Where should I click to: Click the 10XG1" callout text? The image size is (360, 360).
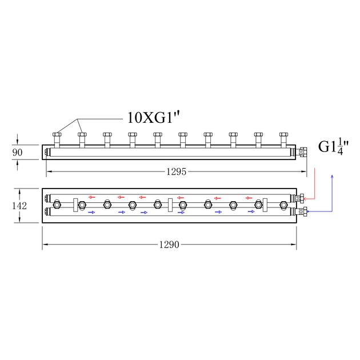point(153,118)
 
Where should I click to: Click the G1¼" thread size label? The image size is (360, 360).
point(333,147)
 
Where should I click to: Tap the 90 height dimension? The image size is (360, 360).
point(18,153)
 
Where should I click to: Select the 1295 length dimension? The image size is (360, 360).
point(177,171)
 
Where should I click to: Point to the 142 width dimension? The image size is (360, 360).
point(19,206)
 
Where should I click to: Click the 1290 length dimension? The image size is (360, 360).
point(169,245)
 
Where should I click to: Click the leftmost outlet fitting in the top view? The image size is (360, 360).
point(57,140)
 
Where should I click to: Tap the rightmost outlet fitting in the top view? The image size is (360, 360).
point(284,140)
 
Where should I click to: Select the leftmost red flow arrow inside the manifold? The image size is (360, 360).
point(92,197)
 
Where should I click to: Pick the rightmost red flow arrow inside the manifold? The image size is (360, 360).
point(249,198)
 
